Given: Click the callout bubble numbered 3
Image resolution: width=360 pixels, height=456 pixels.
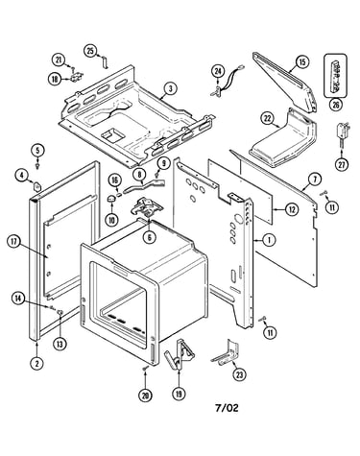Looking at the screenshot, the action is tap(171, 88).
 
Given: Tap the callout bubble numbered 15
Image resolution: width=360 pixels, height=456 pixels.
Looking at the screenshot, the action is tap(302, 61).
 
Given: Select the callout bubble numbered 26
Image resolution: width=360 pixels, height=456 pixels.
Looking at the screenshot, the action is tap(336, 105).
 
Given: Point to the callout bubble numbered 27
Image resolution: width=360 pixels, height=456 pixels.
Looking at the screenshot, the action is tap(342, 165).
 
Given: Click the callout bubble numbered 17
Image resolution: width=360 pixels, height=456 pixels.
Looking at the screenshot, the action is tap(13, 242).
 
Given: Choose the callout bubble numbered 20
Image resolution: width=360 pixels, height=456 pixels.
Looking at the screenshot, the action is tap(145, 396).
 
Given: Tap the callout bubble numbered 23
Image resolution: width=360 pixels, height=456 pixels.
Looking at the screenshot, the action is tap(239, 374).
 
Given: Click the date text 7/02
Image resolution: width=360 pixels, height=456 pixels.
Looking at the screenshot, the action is tap(227, 408).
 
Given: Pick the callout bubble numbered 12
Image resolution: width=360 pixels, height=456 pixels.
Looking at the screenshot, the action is tap(292, 209).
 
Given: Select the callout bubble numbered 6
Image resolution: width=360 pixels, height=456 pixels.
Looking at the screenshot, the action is tap(150, 237).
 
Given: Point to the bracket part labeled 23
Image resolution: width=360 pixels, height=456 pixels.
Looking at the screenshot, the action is tap(226, 353).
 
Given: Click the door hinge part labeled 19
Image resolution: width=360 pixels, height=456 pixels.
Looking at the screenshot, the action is tap(180, 354).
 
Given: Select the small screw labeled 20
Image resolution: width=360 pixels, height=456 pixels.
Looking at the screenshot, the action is tap(145, 369).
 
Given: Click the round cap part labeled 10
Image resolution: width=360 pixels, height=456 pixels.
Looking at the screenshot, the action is tap(111, 199).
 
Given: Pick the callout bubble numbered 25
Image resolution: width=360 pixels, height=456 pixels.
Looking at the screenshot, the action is tap(90, 51).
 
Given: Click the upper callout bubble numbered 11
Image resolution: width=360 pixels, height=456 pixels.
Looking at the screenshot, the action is tap(332, 207).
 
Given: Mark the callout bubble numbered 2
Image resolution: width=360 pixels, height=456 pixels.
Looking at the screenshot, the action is tap(36, 363).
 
